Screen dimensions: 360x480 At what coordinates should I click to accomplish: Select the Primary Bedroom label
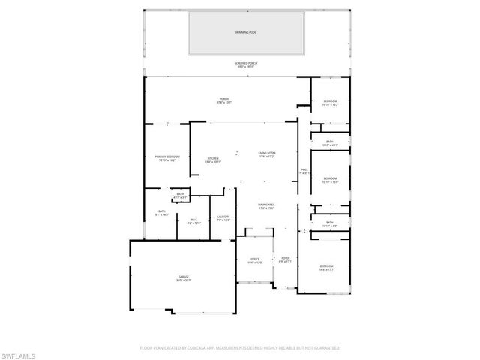tap(167, 156)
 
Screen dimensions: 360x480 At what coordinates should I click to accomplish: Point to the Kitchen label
tap(213, 158)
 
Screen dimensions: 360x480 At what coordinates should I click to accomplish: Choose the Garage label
tap(184, 277)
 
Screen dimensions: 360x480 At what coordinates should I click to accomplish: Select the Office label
tap(255, 259)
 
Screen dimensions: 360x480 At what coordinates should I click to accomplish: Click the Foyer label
tap(286, 258)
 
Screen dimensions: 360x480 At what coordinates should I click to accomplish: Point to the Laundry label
tap(223, 217)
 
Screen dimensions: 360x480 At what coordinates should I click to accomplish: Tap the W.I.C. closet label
tap(193, 220)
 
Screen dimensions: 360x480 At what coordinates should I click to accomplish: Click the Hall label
tap(304, 170)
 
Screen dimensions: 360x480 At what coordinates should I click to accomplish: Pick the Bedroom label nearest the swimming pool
tap(331, 101)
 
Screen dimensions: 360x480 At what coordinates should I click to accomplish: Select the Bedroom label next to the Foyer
tap(326, 266)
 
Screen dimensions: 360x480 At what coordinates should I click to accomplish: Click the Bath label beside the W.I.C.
tap(162, 211)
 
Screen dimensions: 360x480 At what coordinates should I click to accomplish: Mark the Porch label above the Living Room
tap(223, 98)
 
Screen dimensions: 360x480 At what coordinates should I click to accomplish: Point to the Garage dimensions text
tap(184, 280)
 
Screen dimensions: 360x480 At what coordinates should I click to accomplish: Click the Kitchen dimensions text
tap(213, 161)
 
